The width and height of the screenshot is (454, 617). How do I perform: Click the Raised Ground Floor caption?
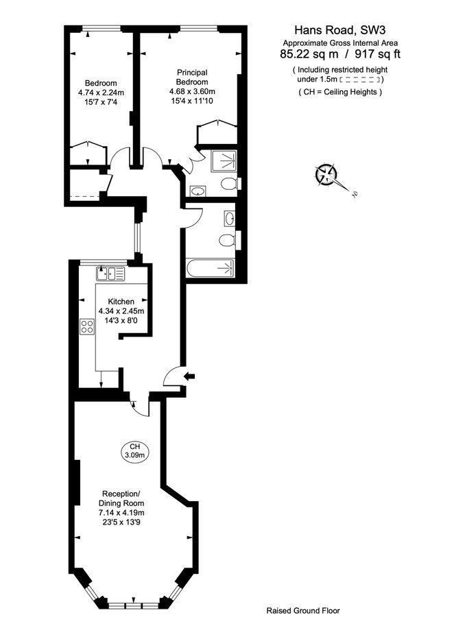click(x=302, y=609)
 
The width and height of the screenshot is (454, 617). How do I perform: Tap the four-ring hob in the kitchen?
click(x=87, y=327)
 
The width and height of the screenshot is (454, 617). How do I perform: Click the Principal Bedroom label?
click(x=192, y=77)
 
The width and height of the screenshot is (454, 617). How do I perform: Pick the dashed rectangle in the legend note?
click(x=359, y=80)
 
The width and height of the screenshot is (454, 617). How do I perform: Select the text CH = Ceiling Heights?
click(x=340, y=92)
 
